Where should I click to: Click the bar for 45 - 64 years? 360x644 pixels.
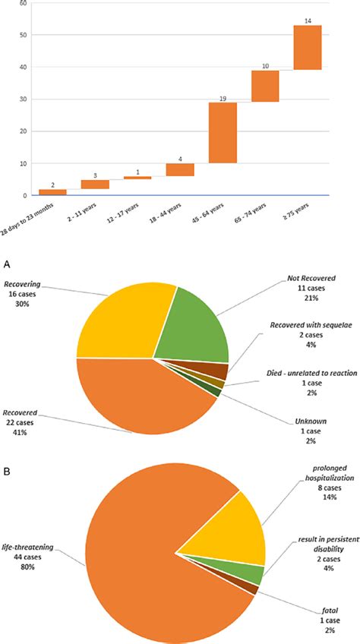coord(223,132)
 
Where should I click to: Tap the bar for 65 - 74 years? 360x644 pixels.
coord(265,87)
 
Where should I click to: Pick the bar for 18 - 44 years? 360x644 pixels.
coord(180,169)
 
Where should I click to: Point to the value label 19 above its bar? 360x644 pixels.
coord(223,97)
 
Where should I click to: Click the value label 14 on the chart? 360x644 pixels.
coord(308,20)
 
